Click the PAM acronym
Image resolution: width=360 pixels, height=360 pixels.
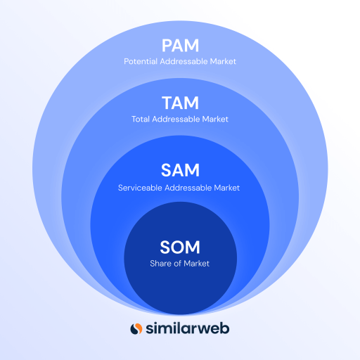[x=180, y=46]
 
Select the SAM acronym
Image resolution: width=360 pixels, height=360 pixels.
[x=180, y=169]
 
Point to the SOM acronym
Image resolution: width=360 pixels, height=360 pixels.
[x=180, y=247]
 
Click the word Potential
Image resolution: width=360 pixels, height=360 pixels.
[x=140, y=62]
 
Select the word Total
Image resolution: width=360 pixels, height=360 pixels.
[x=141, y=120]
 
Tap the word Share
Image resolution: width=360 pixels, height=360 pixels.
[x=160, y=264]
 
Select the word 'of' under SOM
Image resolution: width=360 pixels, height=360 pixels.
[x=178, y=264]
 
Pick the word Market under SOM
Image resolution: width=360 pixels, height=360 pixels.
[x=197, y=264]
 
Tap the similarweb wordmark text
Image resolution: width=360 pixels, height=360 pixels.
[x=188, y=328]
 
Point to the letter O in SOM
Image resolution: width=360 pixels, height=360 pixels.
[x=179, y=247]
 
